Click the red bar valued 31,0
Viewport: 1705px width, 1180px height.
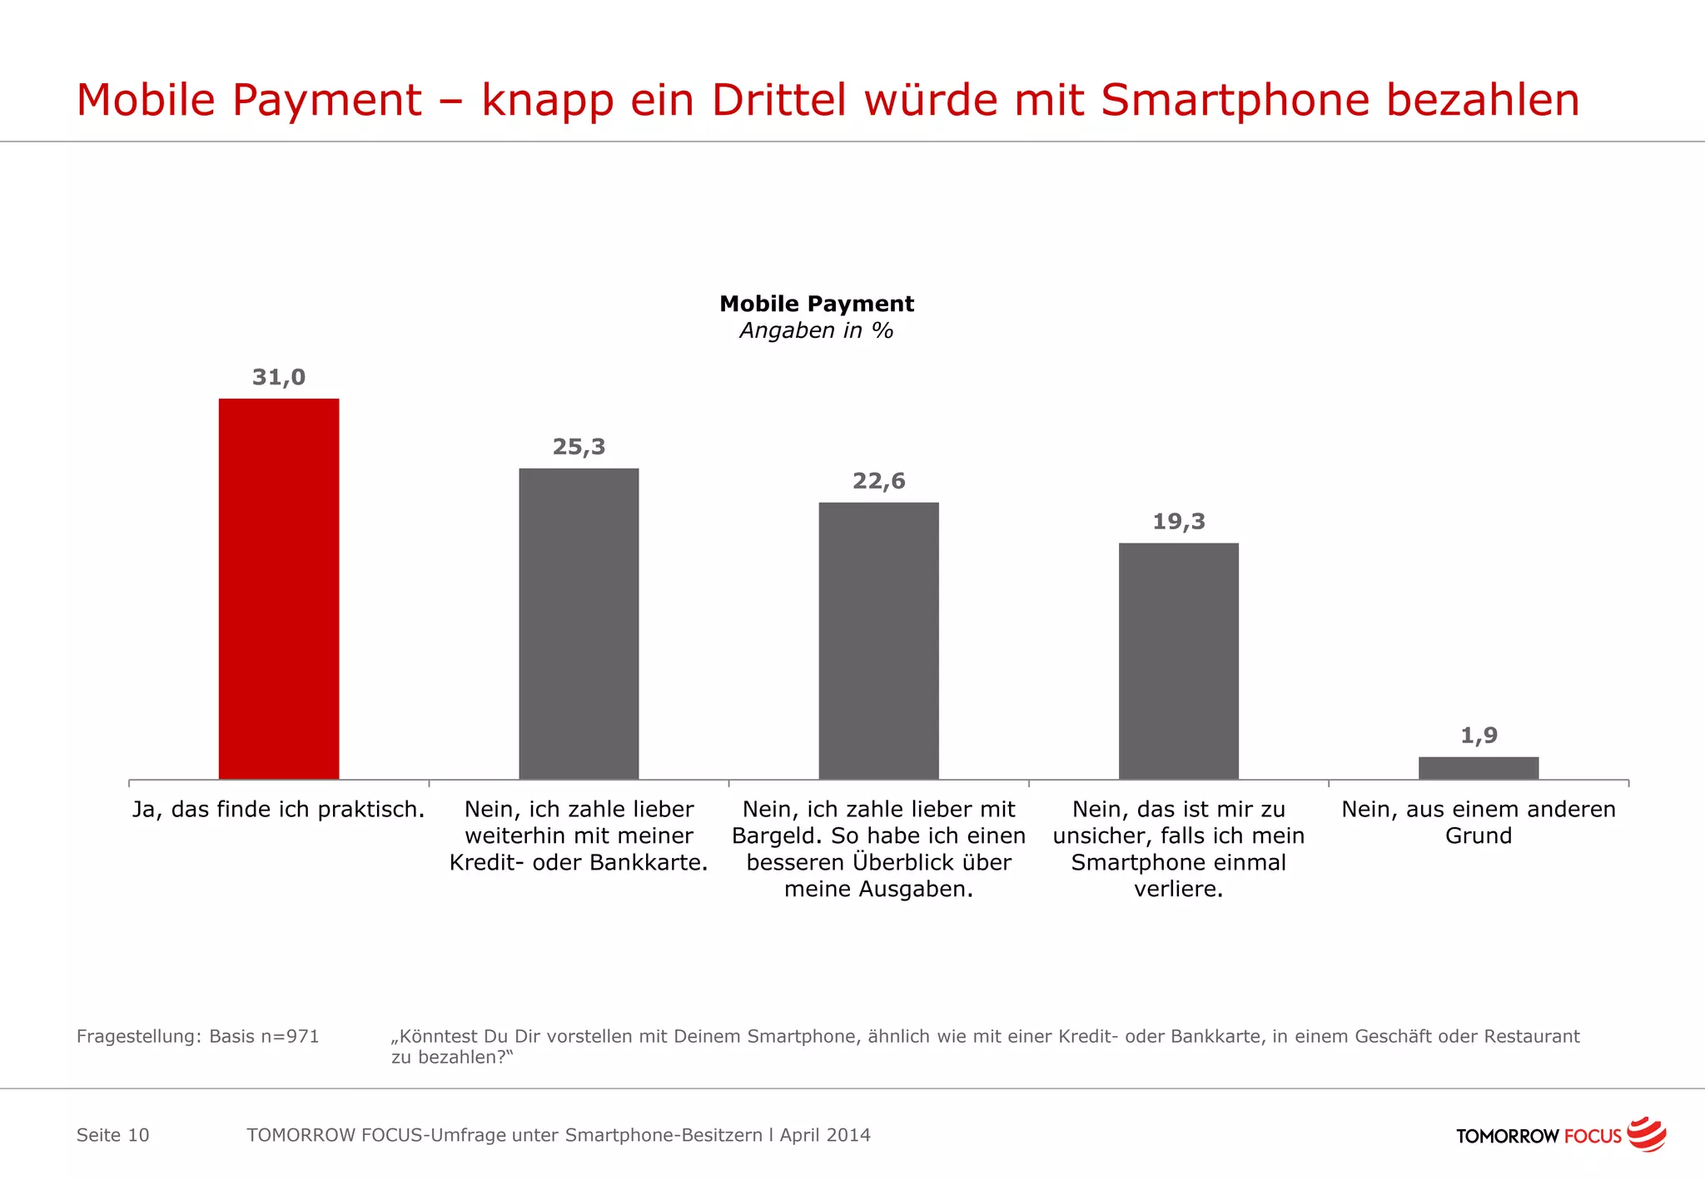tap(279, 588)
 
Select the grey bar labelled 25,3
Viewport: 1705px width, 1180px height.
tap(579, 623)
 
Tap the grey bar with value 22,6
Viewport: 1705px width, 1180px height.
tap(878, 640)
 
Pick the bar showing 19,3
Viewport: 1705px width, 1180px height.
tap(1178, 661)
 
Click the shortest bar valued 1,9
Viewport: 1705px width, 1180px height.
tap(1478, 767)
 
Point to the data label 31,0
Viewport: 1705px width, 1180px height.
tap(279, 377)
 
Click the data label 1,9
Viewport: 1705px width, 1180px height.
tap(1479, 735)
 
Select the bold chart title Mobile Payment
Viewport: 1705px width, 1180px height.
tap(816, 304)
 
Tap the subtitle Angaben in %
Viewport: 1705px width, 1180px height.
tap(816, 330)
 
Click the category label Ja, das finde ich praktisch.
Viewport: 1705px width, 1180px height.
tap(279, 809)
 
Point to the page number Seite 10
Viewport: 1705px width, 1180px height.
tap(112, 1135)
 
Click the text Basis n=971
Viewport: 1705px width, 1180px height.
tap(264, 1037)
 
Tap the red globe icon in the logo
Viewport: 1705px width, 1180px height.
tap(1646, 1134)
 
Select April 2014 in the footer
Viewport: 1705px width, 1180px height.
tap(825, 1135)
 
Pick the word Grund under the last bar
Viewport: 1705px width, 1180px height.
tap(1478, 835)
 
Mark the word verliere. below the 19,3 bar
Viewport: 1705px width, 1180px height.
tap(1178, 889)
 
